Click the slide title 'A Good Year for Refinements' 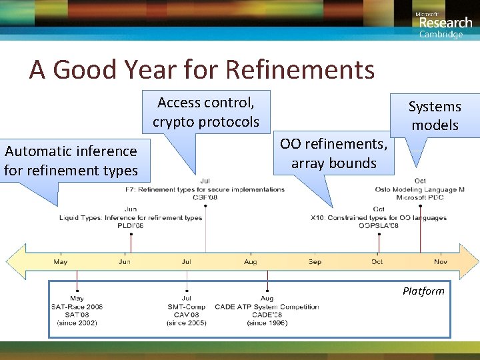pyautogui.click(x=201, y=69)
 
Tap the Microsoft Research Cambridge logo pyautogui.click(x=444, y=24)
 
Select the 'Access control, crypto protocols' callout pyautogui.click(x=206, y=112)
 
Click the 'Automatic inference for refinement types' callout pyautogui.click(x=71, y=161)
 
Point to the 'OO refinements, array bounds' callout pyautogui.click(x=333, y=154)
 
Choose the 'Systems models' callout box pyautogui.click(x=435, y=116)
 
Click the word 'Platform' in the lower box pyautogui.click(x=423, y=291)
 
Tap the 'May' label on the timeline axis pyautogui.click(x=61, y=262)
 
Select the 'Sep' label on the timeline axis pyautogui.click(x=315, y=262)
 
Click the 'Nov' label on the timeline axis pyautogui.click(x=441, y=262)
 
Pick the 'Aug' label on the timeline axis pyautogui.click(x=251, y=262)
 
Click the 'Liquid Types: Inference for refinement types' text pyautogui.click(x=131, y=218)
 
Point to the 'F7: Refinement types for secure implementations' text pyautogui.click(x=205, y=189)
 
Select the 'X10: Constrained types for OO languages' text pyautogui.click(x=379, y=218)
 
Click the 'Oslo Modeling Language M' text pyautogui.click(x=420, y=189)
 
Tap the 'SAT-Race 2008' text pyautogui.click(x=77, y=307)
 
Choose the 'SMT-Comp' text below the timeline pyautogui.click(x=187, y=307)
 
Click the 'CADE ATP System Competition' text pyautogui.click(x=267, y=307)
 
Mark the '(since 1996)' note pyautogui.click(x=267, y=323)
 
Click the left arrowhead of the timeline pyautogui.click(x=15, y=261)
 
